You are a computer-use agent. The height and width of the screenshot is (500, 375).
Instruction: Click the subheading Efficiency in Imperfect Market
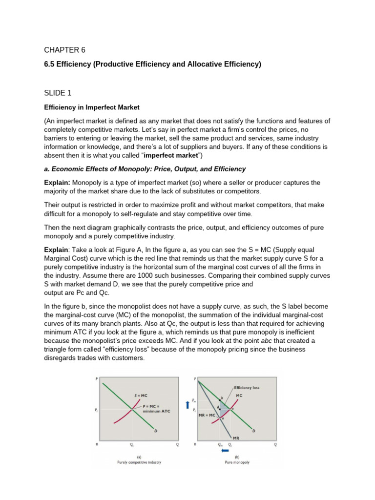91,106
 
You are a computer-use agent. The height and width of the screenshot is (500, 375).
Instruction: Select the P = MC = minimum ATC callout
155,409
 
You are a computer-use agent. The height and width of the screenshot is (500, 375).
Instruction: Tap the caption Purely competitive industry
139,462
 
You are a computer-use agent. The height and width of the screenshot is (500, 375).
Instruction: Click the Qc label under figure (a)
132,445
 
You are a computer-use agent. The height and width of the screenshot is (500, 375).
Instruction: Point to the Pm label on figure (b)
195,399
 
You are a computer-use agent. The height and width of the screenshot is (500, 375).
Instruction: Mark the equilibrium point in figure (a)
132,409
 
